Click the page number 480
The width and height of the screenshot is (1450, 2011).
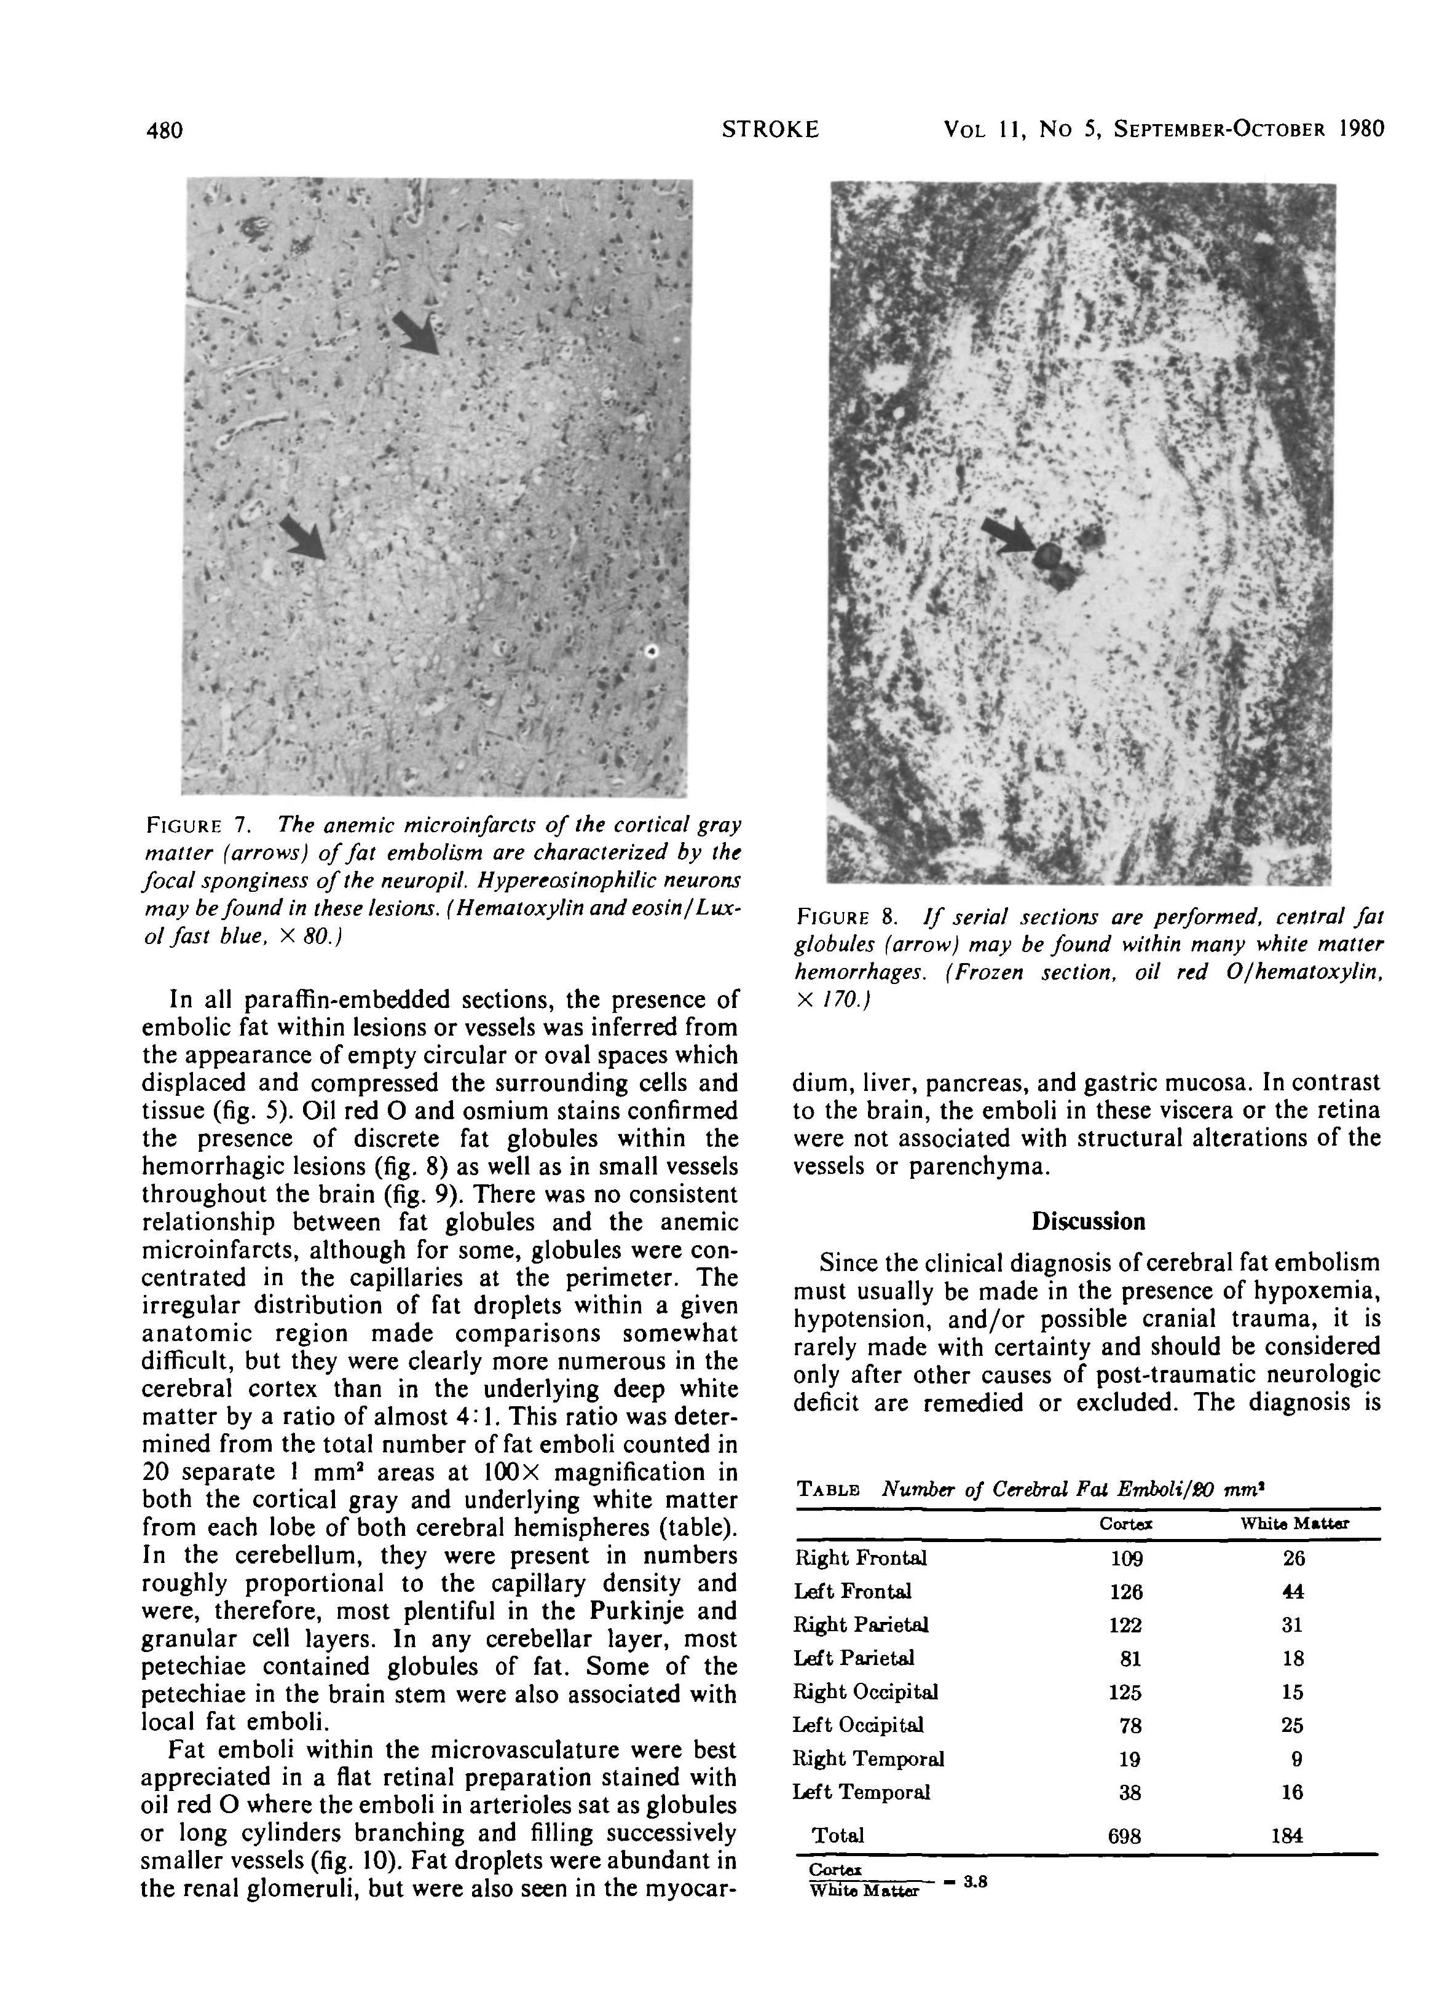click(164, 130)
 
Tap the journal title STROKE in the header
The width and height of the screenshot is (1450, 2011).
click(770, 130)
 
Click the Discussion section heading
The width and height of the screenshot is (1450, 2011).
click(1087, 1222)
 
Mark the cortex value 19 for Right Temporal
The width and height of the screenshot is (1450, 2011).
click(1129, 1759)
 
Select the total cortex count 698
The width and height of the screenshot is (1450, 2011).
click(1124, 1835)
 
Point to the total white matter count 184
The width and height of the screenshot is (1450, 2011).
click(1287, 1835)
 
